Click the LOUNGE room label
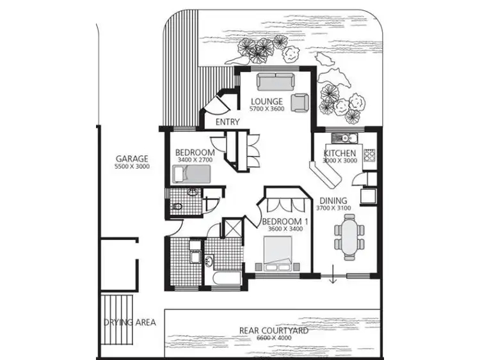click(x=266, y=102)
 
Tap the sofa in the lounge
click(x=274, y=82)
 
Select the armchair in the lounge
click(x=299, y=102)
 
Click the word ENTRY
click(x=227, y=122)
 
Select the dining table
click(x=349, y=235)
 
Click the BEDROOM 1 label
click(x=285, y=222)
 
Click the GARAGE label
click(x=132, y=158)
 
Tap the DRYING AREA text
click(x=129, y=322)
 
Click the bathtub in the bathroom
click(x=222, y=278)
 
